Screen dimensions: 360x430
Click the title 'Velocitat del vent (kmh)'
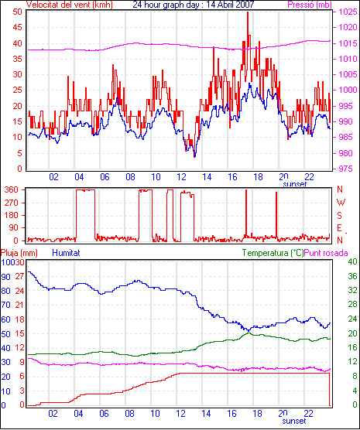click(70, 5)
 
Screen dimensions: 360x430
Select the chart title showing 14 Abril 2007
click(194, 5)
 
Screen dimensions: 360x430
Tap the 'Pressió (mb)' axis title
click(310, 5)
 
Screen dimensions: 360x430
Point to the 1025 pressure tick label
click(348, 12)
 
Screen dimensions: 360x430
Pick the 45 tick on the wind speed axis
click(17, 27)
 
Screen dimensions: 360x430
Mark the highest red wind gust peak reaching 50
click(248, 12)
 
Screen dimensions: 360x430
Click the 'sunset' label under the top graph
click(295, 184)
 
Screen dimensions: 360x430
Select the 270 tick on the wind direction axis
click(12, 203)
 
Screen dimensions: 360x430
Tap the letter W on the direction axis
click(341, 203)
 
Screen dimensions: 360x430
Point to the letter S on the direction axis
click(339, 216)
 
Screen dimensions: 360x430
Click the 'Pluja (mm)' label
click(19, 253)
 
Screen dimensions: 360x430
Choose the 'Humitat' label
click(66, 253)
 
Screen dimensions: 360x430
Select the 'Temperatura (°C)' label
click(273, 253)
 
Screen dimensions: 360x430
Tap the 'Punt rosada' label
click(326, 253)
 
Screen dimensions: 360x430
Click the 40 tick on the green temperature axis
click(352, 261)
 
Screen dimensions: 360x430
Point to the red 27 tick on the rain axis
click(20, 276)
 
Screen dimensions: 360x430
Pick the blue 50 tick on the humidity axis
click(5, 334)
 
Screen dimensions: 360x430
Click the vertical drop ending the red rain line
click(329, 389)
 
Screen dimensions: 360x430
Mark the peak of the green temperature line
click(249, 333)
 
